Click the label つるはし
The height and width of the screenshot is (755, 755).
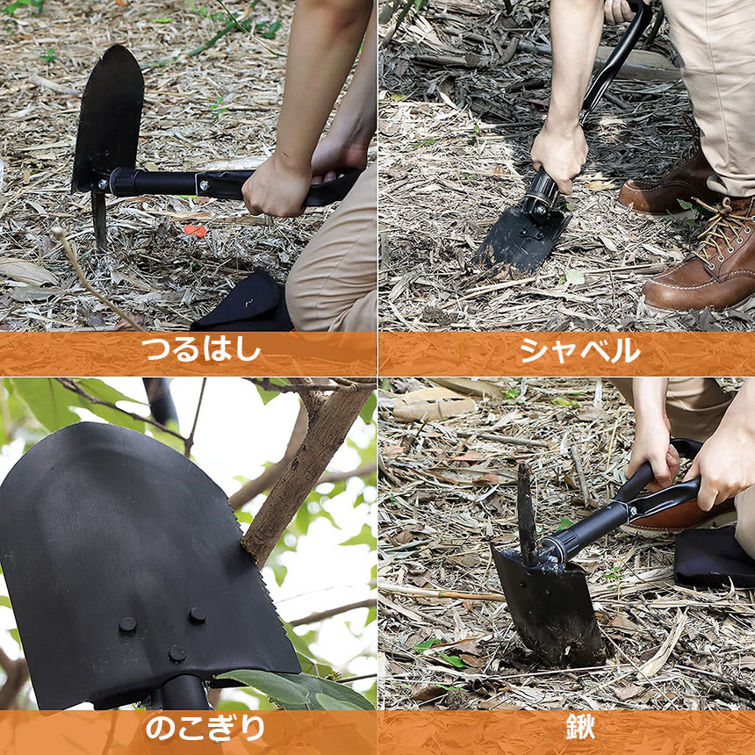coord(201,349)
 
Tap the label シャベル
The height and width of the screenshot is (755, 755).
coord(580,350)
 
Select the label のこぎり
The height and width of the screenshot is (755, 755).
coord(205,729)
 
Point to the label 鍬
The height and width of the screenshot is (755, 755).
coord(580,727)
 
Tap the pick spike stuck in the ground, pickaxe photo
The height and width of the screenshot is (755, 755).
coord(99,219)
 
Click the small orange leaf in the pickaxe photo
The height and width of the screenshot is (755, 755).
coord(195,231)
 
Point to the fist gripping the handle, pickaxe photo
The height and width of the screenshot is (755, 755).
coord(276,188)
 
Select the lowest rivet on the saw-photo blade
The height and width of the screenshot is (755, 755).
coord(177,653)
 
